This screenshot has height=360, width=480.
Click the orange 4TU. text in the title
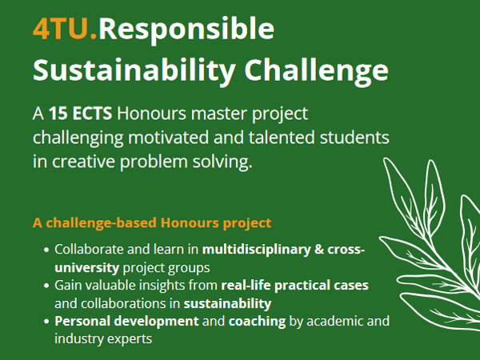tap(66, 29)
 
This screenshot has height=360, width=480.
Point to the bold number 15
tap(58, 114)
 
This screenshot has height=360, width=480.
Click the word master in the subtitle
tap(219, 114)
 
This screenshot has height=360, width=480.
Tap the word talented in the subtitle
tap(282, 138)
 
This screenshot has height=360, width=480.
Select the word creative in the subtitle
tap(83, 162)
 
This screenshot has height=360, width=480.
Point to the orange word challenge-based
tap(101, 223)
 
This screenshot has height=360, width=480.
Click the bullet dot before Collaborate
tap(46, 250)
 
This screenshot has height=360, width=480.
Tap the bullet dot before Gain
tap(46, 286)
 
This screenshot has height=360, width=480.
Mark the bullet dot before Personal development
tap(46, 322)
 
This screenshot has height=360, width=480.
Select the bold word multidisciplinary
tap(257, 250)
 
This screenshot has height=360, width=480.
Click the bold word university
tap(87, 268)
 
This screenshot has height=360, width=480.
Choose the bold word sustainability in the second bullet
tap(227, 304)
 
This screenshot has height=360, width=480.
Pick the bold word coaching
tap(257, 322)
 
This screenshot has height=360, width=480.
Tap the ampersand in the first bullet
tap(319, 250)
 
